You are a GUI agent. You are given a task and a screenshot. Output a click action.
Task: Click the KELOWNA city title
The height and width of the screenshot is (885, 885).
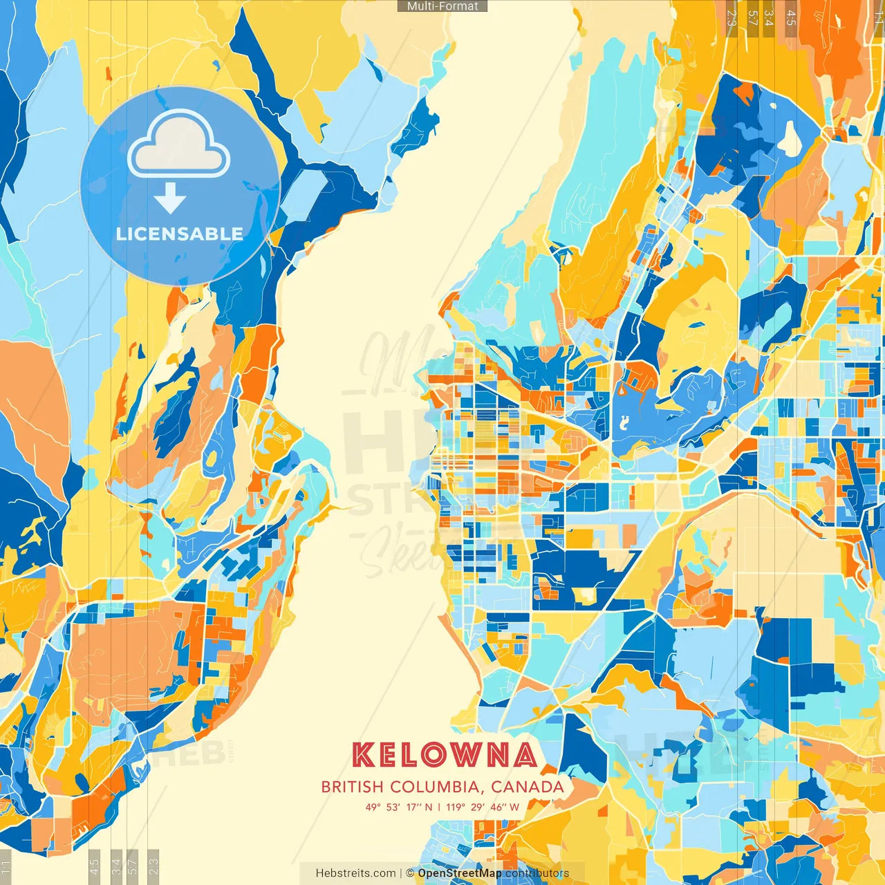445,755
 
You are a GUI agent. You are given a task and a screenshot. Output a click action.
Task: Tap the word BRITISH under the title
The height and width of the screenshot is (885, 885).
352,787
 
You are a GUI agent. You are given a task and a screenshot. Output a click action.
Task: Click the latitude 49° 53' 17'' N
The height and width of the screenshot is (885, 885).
399,806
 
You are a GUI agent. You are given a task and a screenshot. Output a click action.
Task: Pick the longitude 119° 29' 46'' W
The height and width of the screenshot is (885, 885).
483,806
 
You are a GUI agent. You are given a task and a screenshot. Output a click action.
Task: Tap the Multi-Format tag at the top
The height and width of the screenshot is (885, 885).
442,6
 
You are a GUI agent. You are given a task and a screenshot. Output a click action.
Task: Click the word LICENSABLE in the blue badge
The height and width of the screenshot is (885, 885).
180,234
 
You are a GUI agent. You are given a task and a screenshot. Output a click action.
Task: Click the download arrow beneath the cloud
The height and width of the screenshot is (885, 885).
170,199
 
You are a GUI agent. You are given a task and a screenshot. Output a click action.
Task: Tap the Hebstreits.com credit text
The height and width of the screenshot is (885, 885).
356,873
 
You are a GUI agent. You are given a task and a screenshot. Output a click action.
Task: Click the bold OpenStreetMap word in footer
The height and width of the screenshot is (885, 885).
460,873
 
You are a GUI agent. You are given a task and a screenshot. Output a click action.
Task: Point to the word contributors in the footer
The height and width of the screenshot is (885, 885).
537,873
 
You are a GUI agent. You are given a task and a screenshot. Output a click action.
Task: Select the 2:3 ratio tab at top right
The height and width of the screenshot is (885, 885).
732,17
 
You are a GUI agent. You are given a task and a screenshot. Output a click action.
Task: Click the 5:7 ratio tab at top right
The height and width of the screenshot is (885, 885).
752,17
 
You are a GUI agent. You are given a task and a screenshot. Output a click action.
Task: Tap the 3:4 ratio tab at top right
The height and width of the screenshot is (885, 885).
769,17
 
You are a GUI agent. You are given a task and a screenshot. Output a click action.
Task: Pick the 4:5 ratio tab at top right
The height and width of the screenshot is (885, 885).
791,17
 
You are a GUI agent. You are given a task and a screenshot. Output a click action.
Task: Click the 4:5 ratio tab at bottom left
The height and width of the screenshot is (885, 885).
94,866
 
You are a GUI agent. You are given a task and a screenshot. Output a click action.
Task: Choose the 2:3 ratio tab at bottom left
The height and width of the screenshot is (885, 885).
153,866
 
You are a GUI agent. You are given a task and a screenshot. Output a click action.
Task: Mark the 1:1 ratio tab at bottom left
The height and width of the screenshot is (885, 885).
6,866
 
